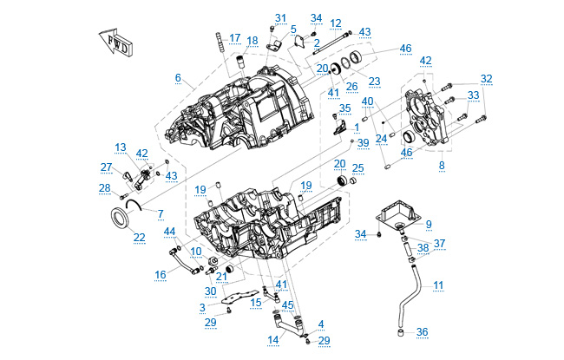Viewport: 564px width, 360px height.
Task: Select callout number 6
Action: point(178,77)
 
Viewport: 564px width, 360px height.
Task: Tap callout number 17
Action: point(235,37)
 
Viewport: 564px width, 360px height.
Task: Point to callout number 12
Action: point(336,23)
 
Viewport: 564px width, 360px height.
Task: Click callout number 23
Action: point(374,81)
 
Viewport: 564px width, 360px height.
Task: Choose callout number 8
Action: point(441,163)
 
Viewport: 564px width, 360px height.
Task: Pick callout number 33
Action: point(473,95)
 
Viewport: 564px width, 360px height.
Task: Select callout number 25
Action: point(357,167)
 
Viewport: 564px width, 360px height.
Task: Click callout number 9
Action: point(428,224)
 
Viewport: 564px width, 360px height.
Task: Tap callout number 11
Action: point(438,285)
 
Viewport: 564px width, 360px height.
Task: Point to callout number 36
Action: point(422,332)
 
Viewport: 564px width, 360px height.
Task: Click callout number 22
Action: point(139,236)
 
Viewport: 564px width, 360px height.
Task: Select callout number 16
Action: point(161,274)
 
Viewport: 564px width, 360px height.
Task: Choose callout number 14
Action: point(272,338)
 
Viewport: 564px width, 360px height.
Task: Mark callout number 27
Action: point(106,167)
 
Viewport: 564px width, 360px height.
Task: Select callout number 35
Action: point(345,108)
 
